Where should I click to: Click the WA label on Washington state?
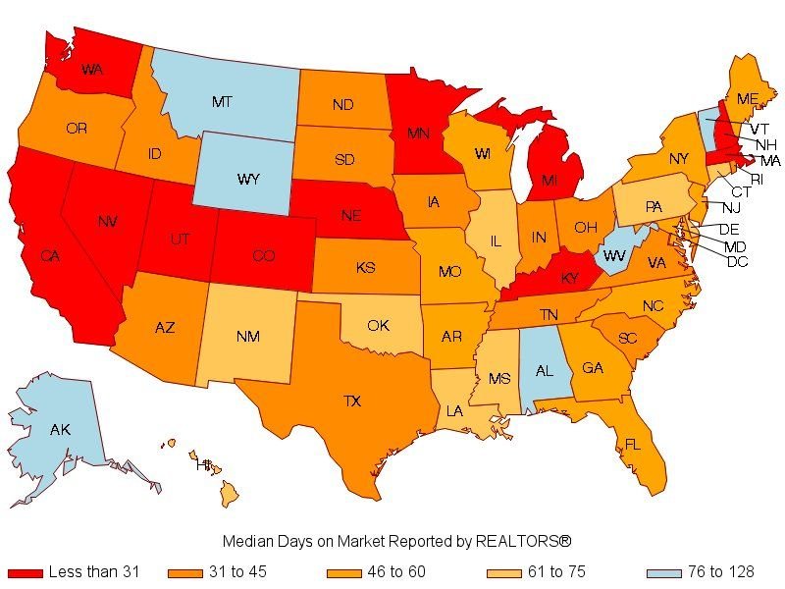point(93,70)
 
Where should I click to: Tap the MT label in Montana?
point(222,101)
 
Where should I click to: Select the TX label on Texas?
point(351,401)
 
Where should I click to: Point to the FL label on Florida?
point(633,445)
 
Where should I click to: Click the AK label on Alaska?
point(60,429)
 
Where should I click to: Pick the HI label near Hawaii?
point(204,464)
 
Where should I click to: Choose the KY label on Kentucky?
point(570,278)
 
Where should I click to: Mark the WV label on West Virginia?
point(614,255)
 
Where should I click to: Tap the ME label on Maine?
point(748,99)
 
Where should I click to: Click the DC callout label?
point(738,261)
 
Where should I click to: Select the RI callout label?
point(757,179)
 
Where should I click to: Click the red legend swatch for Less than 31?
point(26,572)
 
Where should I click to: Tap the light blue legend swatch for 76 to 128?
point(664,572)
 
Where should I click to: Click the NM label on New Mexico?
point(248,337)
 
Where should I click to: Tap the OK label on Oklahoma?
point(379,325)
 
